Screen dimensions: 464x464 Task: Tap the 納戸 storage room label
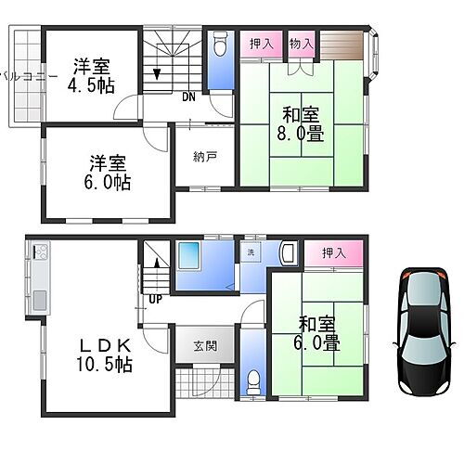pos(206,156)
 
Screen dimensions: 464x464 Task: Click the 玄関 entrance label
pos(205,346)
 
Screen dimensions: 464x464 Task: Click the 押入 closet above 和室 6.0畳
pos(334,252)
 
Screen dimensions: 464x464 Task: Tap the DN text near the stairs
pos(188,97)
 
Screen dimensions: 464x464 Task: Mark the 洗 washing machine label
pos(251,252)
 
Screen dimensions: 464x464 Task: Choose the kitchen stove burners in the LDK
pos(40,253)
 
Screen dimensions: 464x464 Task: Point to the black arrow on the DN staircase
pos(158,73)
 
